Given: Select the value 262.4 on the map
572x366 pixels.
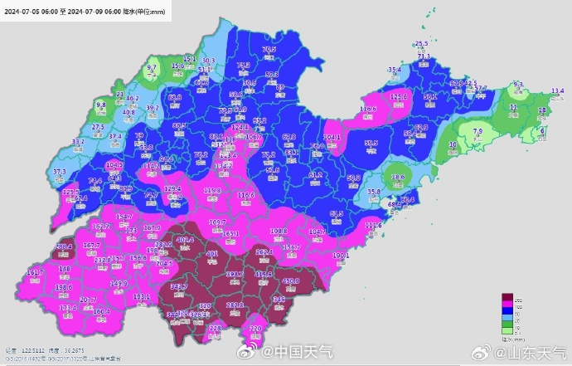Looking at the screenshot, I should point(264,251).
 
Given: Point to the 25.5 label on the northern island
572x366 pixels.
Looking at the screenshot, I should point(421,43).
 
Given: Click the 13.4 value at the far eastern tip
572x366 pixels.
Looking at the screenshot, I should point(557,90).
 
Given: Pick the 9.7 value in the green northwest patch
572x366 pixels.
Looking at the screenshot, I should point(152,67).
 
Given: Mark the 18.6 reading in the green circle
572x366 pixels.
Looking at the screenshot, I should point(397,177).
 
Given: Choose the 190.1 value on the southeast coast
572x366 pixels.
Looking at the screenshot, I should point(341,256).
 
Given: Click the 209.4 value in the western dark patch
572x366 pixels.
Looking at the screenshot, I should point(64,246).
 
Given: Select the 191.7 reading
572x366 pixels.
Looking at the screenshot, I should point(35,272).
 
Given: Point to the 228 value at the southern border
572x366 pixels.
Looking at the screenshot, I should point(215,329).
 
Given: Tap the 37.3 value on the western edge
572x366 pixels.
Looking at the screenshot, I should point(60,172).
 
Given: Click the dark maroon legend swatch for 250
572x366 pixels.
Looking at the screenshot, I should point(509,296).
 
